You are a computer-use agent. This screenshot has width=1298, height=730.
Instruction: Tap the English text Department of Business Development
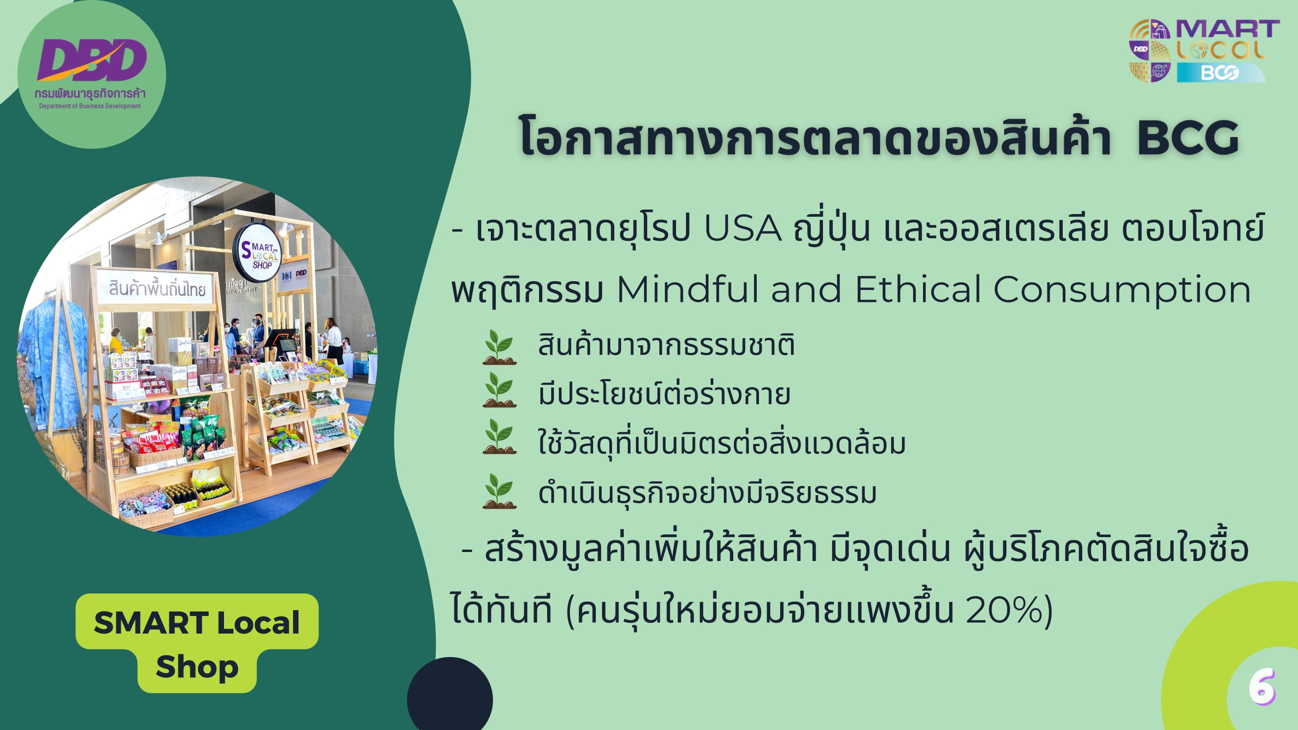click(90, 106)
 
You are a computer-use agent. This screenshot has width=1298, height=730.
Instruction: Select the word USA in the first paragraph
click(743, 229)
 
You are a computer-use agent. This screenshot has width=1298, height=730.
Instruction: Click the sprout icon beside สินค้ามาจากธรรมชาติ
click(499, 347)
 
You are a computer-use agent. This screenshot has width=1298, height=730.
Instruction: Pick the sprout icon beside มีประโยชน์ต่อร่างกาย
click(499, 390)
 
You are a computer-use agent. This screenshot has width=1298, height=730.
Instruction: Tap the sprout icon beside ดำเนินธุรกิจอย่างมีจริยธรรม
click(499, 491)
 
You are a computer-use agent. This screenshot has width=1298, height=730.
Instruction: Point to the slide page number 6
click(1262, 687)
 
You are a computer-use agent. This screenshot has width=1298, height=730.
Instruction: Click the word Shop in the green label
click(197, 667)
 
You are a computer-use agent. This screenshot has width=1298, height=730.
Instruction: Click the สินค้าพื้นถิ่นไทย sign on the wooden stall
click(157, 289)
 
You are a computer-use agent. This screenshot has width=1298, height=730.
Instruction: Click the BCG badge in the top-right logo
click(1220, 73)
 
